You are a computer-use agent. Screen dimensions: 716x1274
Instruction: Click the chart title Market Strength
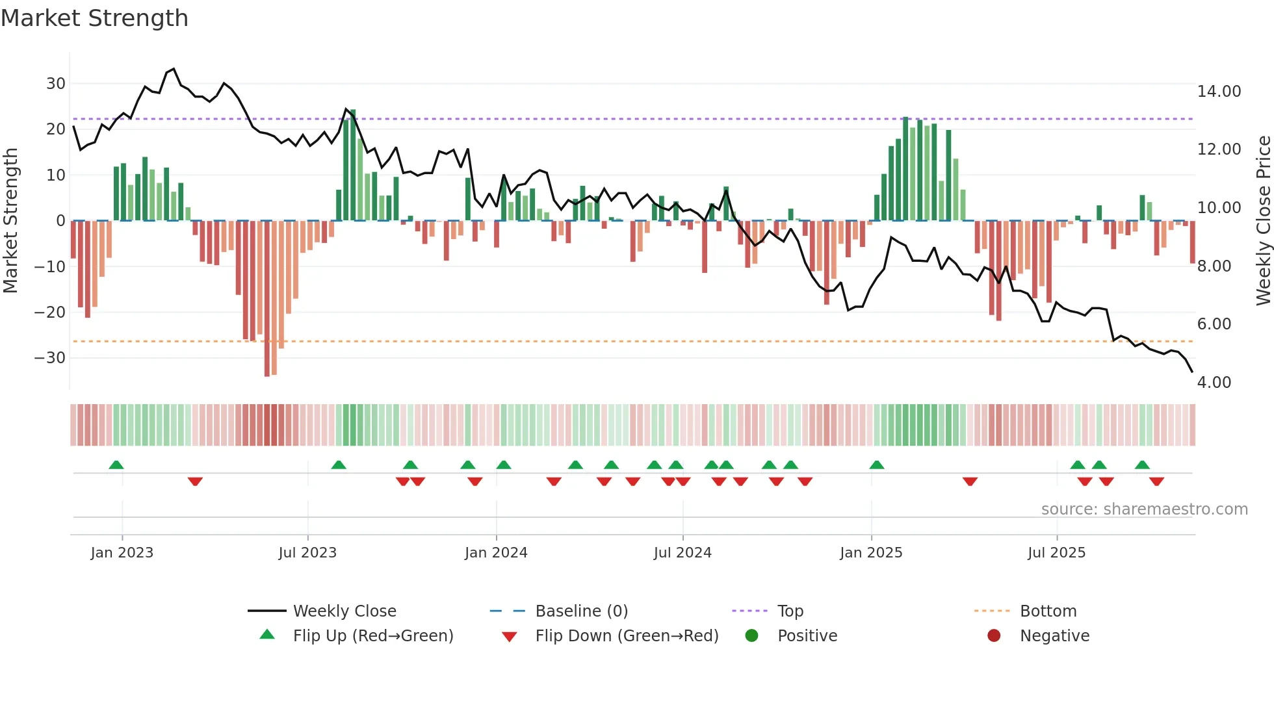tap(94, 18)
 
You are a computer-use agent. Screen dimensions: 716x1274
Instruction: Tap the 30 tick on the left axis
tap(56, 84)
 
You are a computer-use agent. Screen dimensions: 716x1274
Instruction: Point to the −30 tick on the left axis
tap(50, 358)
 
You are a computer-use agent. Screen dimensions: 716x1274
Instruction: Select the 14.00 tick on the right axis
tap(1219, 92)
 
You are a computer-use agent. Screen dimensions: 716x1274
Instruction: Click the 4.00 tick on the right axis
tap(1214, 383)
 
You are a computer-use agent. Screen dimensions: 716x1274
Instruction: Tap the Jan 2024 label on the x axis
tap(496, 553)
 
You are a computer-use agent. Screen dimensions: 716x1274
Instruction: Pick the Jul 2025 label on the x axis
tap(1056, 553)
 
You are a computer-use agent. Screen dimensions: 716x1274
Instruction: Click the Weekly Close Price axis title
tap(1263, 221)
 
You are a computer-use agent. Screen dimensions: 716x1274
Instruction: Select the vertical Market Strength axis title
tap(10, 221)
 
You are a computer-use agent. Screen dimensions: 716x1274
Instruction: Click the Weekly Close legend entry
tap(344, 611)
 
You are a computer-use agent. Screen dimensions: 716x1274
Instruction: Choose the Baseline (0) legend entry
tap(581, 611)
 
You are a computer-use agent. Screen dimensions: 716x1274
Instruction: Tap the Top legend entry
tap(790, 611)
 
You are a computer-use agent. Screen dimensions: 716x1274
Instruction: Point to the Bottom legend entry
tap(1048, 611)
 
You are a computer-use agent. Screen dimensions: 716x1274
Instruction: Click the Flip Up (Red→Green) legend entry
tap(372, 636)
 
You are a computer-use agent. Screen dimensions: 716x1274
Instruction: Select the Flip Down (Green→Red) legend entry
tap(627, 636)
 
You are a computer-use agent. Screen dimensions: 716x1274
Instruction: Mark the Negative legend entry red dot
tap(994, 636)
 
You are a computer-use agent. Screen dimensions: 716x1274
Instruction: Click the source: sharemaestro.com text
tap(1144, 509)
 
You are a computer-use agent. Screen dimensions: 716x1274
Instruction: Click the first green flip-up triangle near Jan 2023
tap(116, 465)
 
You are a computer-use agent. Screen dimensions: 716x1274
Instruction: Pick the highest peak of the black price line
tap(174, 69)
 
